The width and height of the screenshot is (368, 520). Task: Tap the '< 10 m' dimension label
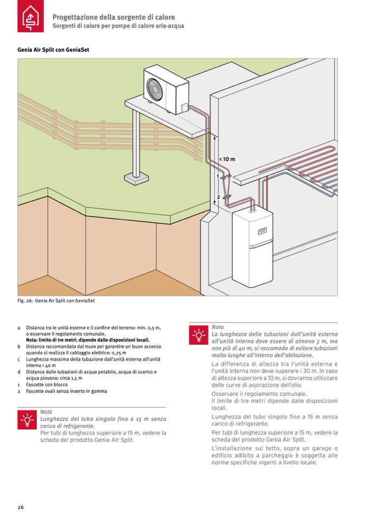[227, 159]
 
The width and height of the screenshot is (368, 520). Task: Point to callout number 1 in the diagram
[218, 176]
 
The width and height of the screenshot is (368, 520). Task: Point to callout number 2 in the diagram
[218, 196]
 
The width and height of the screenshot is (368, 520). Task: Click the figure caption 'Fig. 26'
[52, 300]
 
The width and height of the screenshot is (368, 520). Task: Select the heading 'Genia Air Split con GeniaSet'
[53, 49]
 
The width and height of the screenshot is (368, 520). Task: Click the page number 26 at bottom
[20, 507]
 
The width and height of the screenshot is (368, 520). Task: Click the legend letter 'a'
[19, 328]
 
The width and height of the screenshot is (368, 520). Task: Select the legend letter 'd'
[19, 372]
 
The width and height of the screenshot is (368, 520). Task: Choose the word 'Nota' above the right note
[218, 327]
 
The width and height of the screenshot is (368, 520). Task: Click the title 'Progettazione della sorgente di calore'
[113, 17]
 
